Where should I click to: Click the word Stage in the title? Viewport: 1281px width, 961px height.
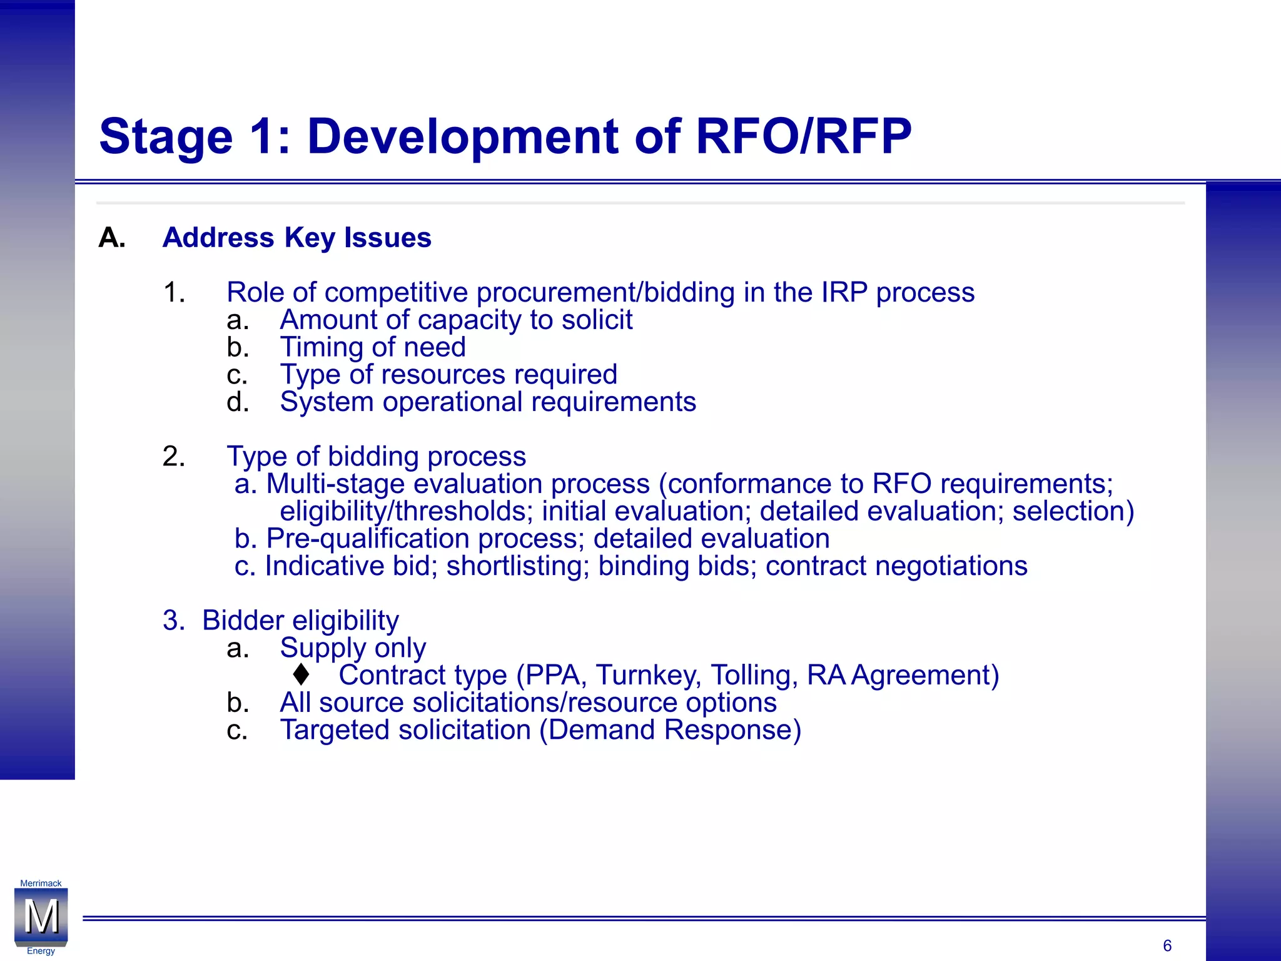tap(166, 138)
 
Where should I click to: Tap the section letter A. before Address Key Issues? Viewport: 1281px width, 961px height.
tap(112, 238)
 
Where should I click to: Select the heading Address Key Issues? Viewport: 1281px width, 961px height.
tap(296, 238)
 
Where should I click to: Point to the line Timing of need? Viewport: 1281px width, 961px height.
tap(372, 347)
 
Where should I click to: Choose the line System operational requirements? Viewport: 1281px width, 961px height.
tap(487, 402)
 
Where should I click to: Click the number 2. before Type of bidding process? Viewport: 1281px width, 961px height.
tap(174, 457)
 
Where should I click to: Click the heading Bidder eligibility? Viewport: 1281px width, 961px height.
tap(300, 621)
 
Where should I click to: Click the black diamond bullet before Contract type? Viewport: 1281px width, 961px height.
tap(301, 674)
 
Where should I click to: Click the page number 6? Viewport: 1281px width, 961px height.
tap(1167, 945)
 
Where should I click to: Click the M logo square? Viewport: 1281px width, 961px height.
tap(41, 917)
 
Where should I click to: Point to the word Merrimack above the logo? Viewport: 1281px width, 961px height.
tap(41, 883)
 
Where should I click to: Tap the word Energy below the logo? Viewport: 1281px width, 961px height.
tap(41, 951)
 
